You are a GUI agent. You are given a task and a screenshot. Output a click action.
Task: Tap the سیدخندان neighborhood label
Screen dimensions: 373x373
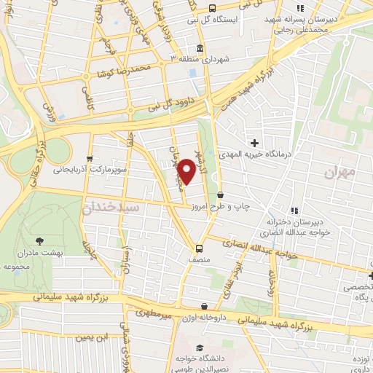[x=109, y=208]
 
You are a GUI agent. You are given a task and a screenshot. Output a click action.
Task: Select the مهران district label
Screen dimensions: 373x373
[x=340, y=173]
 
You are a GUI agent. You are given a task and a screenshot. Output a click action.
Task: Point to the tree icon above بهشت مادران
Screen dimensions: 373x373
[x=39, y=240]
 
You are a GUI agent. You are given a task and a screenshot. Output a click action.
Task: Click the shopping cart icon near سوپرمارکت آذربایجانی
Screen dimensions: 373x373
[x=90, y=158]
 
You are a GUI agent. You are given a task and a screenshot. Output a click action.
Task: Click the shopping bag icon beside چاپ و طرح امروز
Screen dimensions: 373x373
[x=221, y=195]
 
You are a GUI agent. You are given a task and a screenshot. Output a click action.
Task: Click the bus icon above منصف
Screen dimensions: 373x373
[x=198, y=246]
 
